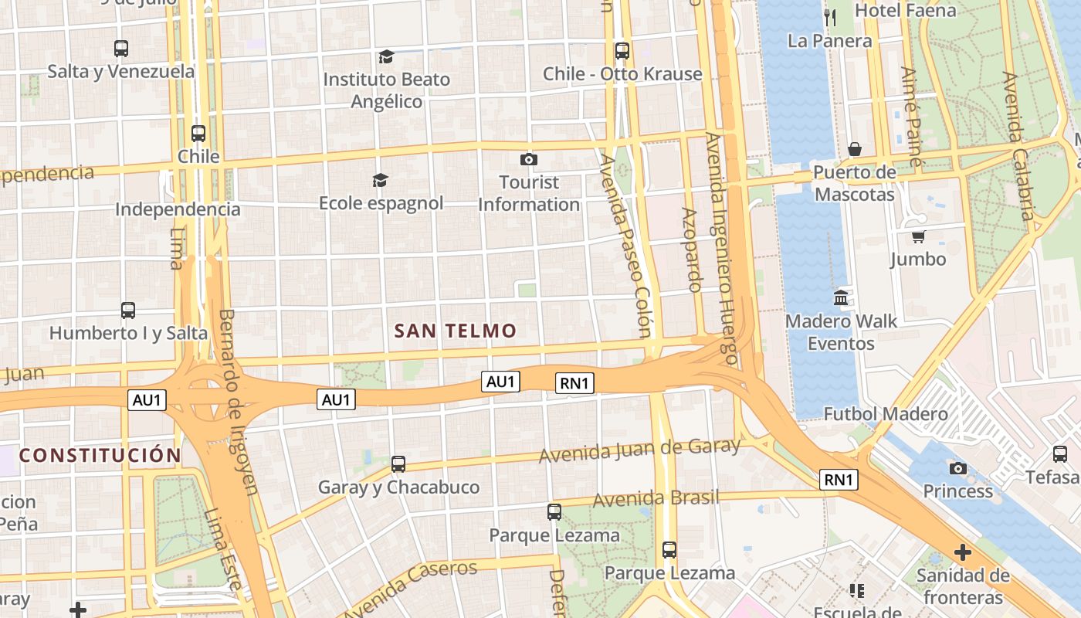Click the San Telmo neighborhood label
pyautogui.click(x=455, y=331)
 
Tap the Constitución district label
pyautogui.click(x=100, y=455)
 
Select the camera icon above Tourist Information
pyautogui.click(x=529, y=159)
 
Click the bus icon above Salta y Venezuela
pyautogui.click(x=121, y=49)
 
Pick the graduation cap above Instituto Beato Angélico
pyautogui.click(x=386, y=56)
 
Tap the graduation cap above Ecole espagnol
pyautogui.click(x=381, y=180)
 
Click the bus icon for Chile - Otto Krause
pyautogui.click(x=622, y=51)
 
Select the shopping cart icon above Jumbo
pyautogui.click(x=918, y=236)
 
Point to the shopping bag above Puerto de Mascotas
pyautogui.click(x=855, y=149)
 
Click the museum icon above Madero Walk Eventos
pyautogui.click(x=841, y=297)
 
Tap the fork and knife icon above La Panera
pyautogui.click(x=830, y=18)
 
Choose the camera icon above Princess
pyautogui.click(x=958, y=468)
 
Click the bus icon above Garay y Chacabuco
pyautogui.click(x=398, y=464)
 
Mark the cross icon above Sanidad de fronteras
pyautogui.click(x=962, y=552)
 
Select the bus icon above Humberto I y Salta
pyautogui.click(x=128, y=311)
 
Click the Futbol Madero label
pyautogui.click(x=886, y=414)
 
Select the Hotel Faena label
pyautogui.click(x=906, y=11)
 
